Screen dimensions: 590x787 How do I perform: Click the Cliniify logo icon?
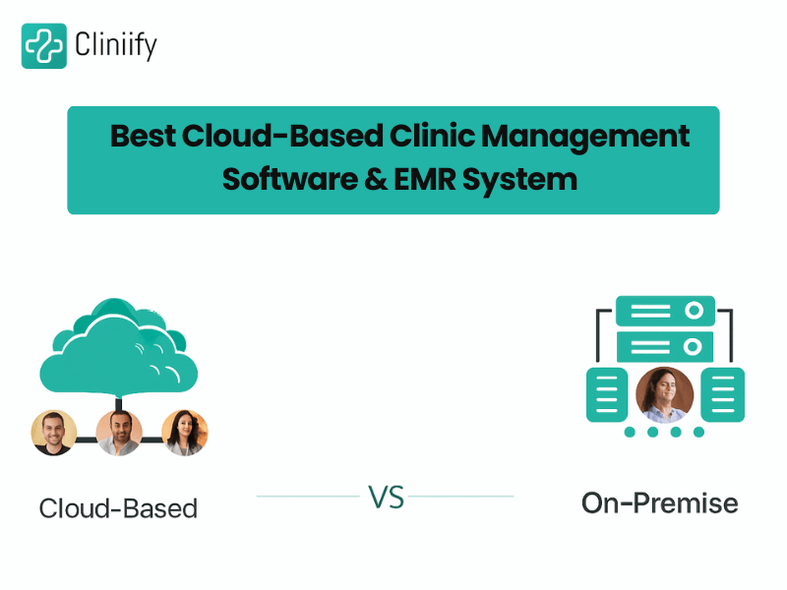pyautogui.click(x=44, y=45)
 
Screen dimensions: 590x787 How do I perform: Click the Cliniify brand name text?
pyautogui.click(x=116, y=45)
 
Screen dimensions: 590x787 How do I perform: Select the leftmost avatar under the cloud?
pyautogui.click(x=54, y=433)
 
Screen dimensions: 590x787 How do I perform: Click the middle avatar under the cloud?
pyautogui.click(x=119, y=433)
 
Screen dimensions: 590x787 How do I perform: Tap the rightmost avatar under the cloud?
pyautogui.click(x=185, y=433)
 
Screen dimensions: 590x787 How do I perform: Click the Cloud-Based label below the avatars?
pyautogui.click(x=118, y=508)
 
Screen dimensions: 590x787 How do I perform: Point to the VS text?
pyautogui.click(x=387, y=497)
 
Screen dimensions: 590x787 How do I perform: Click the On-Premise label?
pyautogui.click(x=659, y=503)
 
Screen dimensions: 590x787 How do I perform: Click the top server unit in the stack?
pyautogui.click(x=665, y=312)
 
